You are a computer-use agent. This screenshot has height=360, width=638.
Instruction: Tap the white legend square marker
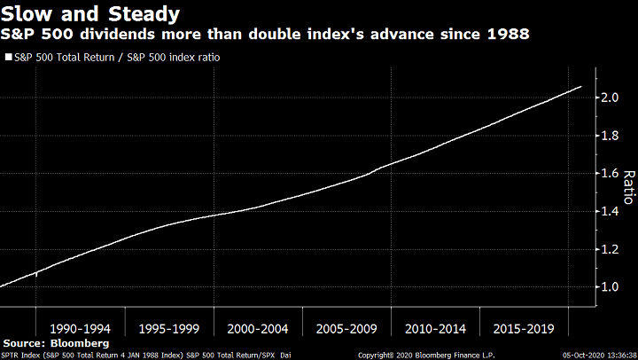(8, 57)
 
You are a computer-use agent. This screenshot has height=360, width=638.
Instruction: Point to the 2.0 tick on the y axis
(609, 97)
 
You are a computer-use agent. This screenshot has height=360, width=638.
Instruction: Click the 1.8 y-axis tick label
(609, 135)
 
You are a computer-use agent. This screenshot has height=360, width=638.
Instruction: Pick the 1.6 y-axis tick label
(609, 173)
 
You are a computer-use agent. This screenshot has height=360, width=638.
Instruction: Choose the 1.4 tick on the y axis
(609, 211)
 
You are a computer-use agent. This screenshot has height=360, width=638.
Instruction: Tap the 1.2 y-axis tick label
(609, 249)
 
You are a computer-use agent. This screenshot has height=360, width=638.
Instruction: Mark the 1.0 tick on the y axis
(609, 287)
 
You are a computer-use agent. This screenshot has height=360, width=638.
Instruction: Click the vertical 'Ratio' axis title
(628, 187)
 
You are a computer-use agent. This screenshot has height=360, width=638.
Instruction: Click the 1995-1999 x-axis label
(168, 328)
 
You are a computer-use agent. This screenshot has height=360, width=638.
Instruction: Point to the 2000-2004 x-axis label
(257, 328)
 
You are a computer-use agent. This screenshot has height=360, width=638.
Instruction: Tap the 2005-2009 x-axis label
(346, 328)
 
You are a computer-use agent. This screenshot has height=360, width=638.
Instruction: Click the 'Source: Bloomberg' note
(56, 342)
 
